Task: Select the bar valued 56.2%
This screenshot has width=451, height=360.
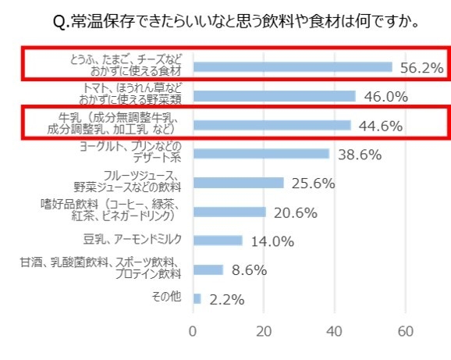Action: coord(293,67)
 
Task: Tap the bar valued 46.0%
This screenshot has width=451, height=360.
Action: coord(274,96)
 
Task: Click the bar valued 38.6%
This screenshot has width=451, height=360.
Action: coord(261,154)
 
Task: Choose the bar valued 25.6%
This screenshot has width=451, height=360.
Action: coord(238,183)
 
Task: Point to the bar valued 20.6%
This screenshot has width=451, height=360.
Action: coord(229,212)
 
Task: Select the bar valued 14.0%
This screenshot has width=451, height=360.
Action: coord(218,241)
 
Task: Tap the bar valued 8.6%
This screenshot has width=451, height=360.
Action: coord(208,269)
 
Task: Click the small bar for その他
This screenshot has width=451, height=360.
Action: coord(197,298)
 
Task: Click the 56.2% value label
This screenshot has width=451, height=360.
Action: coord(421,68)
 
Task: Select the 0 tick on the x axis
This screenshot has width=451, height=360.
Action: coord(193,330)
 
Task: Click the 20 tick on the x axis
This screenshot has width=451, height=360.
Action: coord(264,330)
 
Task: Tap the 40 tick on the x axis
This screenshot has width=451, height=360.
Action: coord(335,330)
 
